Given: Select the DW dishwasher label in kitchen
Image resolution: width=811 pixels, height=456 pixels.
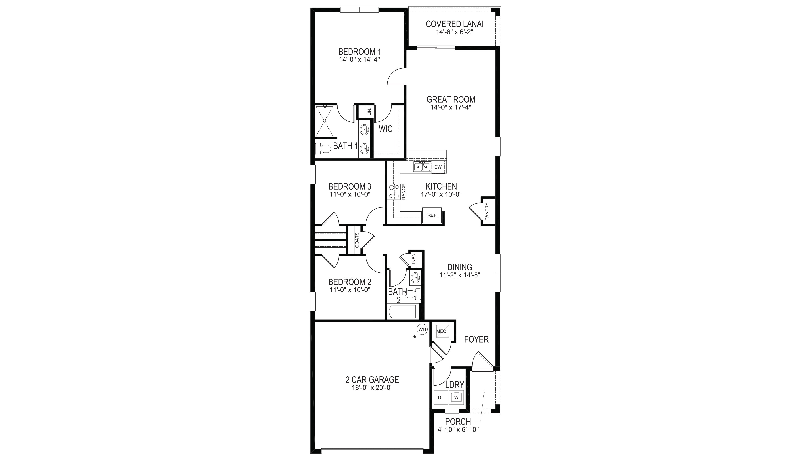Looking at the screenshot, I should click(438, 167).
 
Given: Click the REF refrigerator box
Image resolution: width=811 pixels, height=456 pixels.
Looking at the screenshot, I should click(432, 215).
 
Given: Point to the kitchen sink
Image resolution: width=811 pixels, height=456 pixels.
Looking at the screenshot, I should click(422, 167).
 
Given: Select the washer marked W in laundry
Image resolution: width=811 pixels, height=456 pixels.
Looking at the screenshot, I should click(456, 397).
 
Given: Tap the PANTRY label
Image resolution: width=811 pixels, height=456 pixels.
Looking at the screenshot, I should click(487, 212).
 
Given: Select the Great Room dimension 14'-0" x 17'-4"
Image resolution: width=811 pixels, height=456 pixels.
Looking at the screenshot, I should click(451, 107).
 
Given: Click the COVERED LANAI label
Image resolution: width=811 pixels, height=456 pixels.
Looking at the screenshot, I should click(454, 24).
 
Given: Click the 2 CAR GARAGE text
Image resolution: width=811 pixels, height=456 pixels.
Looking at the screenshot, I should click(372, 380).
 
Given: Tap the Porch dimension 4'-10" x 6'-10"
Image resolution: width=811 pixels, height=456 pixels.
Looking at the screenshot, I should click(458, 430).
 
